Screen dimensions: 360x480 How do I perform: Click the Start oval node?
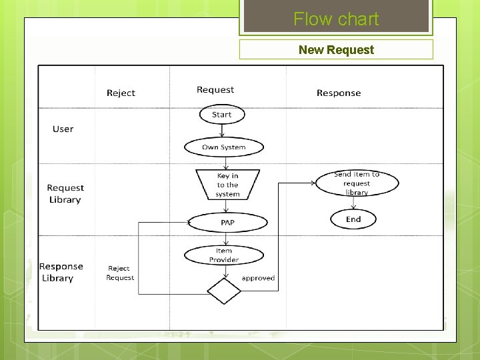222,115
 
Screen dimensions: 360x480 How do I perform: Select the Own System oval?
223,147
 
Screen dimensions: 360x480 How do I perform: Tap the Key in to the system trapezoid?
227,185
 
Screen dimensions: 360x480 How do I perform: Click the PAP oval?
227,222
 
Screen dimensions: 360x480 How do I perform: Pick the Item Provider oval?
224,255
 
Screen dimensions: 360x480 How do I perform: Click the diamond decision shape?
224,291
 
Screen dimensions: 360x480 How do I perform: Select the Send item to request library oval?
357,183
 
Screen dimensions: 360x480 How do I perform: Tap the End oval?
353,219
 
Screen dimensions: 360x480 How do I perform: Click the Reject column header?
121,93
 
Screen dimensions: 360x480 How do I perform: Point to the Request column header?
215,90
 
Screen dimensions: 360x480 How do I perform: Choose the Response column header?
339,93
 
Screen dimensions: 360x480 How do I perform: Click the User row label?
63,129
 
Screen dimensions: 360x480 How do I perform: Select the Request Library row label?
65,194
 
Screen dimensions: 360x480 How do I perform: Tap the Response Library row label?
61,272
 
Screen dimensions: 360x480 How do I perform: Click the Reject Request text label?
120,273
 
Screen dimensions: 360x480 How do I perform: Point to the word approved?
258,278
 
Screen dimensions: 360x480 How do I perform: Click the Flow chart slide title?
336,19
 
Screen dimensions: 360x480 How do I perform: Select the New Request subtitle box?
336,49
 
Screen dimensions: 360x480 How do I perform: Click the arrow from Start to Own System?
223,131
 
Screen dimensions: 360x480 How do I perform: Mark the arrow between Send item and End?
354,203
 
